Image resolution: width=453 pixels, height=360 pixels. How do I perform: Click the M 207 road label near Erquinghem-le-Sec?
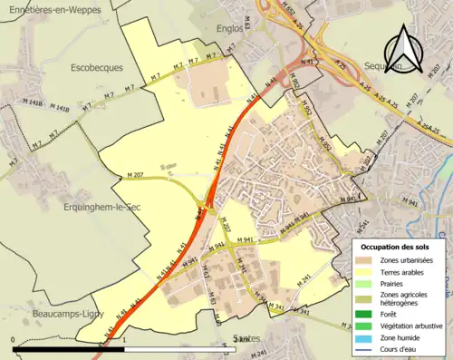click(x=136, y=174)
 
